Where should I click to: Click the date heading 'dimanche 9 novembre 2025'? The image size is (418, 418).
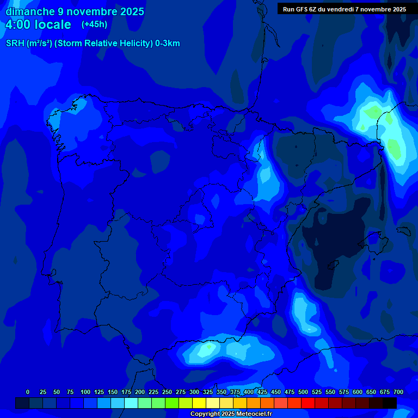(x=75, y=11)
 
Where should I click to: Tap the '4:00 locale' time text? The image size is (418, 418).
(x=38, y=24)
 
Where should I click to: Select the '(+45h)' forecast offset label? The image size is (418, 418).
(x=94, y=24)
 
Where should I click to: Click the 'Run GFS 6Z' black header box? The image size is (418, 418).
(x=345, y=9)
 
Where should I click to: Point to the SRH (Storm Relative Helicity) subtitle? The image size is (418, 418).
(x=93, y=44)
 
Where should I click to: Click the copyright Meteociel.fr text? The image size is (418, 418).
(x=231, y=414)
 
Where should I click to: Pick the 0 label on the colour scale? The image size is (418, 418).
(x=28, y=392)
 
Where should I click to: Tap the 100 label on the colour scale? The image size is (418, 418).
(x=85, y=392)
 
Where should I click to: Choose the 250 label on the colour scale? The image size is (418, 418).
(x=167, y=392)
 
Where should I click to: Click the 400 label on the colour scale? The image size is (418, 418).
(x=249, y=392)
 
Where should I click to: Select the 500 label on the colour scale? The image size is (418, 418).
(x=303, y=392)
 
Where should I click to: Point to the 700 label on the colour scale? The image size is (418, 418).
(x=398, y=392)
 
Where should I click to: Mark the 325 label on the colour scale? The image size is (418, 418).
(x=208, y=392)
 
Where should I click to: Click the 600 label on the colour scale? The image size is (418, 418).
(x=358, y=392)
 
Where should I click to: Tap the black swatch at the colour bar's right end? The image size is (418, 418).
(x=390, y=403)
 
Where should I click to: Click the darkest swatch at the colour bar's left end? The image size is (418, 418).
(x=22, y=403)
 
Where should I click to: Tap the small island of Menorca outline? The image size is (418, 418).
(x=403, y=231)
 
